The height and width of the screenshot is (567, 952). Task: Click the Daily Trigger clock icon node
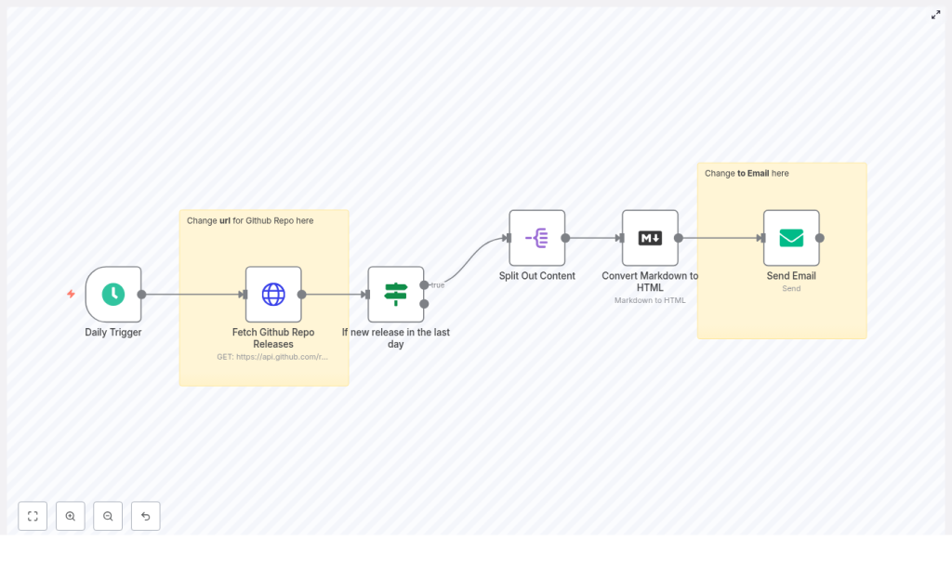coord(113,295)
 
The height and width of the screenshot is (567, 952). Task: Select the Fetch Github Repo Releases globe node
coord(273,295)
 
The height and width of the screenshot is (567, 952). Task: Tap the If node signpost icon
coord(396,295)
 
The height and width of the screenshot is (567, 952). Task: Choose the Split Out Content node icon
coord(536,238)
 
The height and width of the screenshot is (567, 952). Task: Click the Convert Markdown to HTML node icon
coord(650,238)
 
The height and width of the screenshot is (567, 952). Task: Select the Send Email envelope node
coord(791,238)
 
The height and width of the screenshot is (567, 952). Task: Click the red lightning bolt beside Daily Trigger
coord(71,294)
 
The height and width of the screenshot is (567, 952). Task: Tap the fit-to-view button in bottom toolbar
coord(33,516)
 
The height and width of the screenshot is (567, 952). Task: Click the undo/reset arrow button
coord(145,516)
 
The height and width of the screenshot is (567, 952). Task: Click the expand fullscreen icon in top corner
coord(935,15)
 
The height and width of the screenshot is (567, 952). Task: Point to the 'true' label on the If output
coord(437,285)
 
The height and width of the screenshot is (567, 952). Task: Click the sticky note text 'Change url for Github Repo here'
coord(250,221)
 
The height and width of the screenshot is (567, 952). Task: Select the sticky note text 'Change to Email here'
coord(747,174)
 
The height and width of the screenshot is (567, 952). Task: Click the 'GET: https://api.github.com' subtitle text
coord(272,357)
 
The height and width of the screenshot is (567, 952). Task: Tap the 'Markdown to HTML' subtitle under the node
coord(650,300)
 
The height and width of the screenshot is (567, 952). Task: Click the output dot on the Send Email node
coord(820,238)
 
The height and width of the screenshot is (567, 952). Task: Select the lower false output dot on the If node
coord(424,304)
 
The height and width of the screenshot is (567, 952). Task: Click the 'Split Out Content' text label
coord(536,276)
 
